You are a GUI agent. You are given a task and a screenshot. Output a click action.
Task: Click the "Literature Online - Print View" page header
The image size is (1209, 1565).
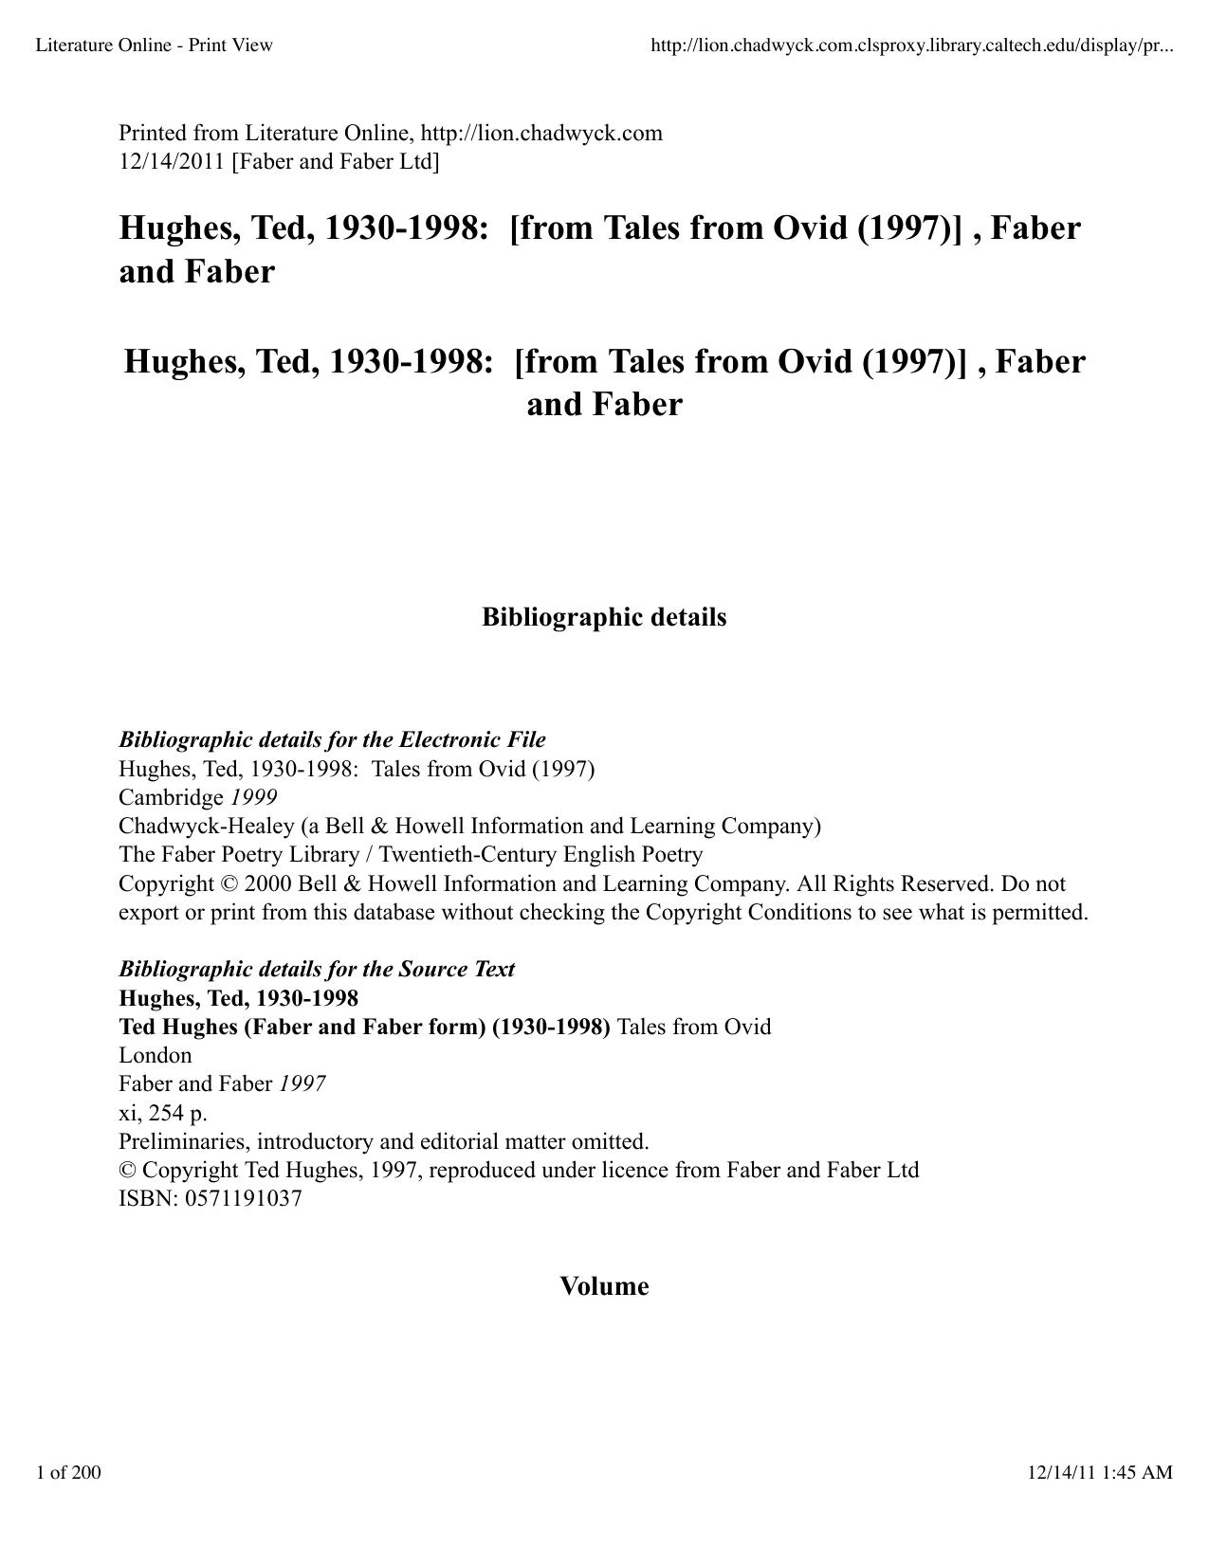click(154, 45)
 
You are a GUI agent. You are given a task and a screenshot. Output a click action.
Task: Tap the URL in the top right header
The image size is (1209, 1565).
click(911, 45)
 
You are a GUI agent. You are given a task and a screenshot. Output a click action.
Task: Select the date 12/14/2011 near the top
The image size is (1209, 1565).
click(172, 162)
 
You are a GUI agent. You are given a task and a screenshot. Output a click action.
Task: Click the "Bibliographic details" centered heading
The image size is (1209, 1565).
click(604, 617)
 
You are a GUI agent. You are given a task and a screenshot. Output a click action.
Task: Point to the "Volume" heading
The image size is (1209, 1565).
click(604, 1286)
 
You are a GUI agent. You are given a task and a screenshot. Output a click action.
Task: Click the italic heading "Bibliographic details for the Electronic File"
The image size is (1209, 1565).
click(332, 739)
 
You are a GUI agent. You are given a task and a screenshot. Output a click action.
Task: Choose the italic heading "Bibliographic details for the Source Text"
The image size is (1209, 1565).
click(316, 969)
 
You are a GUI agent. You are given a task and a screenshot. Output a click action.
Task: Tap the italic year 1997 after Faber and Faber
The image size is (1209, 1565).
click(302, 1083)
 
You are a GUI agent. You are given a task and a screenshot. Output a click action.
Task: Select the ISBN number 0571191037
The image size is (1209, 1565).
click(244, 1198)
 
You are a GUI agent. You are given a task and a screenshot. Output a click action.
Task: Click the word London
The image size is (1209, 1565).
click(155, 1055)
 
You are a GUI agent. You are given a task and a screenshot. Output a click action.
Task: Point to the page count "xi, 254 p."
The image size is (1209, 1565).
click(162, 1112)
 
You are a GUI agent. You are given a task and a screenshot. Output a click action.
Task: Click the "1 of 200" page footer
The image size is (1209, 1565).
click(68, 1472)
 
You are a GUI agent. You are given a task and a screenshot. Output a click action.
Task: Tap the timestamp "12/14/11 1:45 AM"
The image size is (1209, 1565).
click(1100, 1472)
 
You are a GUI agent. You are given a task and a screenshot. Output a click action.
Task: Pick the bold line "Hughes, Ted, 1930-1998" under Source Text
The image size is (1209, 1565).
click(238, 998)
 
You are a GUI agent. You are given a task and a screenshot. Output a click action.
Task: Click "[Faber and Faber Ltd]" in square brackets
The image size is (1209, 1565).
click(336, 162)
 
